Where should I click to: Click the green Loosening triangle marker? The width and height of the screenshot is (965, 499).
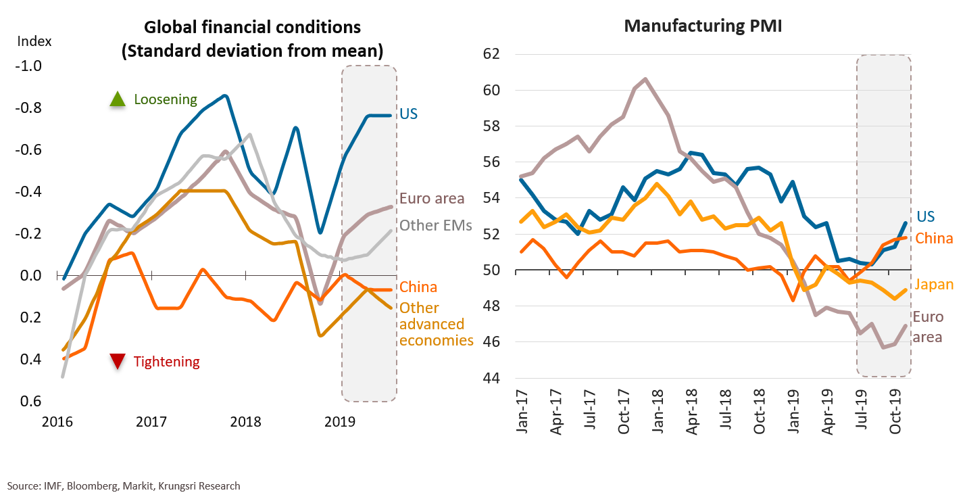[x=118, y=99]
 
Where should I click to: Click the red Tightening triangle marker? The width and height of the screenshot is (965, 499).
[x=118, y=362]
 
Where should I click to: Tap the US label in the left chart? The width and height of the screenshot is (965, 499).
[x=408, y=113]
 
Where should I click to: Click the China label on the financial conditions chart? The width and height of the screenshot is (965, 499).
[x=418, y=287]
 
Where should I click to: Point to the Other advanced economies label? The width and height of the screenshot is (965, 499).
[x=436, y=324]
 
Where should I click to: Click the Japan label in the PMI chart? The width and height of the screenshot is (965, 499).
[x=933, y=285]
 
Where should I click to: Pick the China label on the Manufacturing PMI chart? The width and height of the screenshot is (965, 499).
[x=934, y=238]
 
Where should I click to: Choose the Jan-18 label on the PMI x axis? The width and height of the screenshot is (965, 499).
[x=658, y=412]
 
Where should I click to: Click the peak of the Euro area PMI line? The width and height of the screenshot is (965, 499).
[x=645, y=79]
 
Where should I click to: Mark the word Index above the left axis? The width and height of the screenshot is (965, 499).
[x=29, y=40]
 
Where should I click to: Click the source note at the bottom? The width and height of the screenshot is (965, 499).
[x=124, y=485]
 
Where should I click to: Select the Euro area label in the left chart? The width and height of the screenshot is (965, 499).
[x=432, y=198]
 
